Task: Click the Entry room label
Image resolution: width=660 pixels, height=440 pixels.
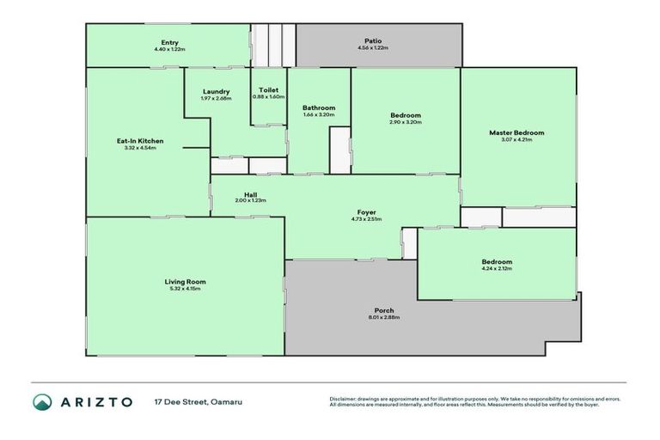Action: tap(169, 42)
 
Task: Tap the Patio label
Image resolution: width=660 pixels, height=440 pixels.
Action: tap(372, 40)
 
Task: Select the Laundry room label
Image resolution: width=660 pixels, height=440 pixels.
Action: tap(216, 91)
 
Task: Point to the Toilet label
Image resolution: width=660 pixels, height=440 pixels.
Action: tap(268, 89)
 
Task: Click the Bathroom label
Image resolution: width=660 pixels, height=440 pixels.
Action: tap(318, 107)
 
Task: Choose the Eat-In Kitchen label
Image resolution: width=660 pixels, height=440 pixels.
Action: tap(140, 141)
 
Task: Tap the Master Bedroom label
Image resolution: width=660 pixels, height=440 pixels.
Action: tap(516, 132)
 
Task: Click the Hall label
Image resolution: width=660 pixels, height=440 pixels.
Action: tap(250, 194)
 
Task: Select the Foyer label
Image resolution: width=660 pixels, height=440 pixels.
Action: tap(367, 212)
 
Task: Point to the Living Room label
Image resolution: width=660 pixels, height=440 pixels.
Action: tap(185, 281)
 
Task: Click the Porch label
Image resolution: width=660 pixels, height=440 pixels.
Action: tap(384, 310)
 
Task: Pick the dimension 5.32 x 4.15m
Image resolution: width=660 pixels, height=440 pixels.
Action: tap(185, 289)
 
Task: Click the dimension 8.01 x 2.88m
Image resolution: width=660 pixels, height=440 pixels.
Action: tap(384, 318)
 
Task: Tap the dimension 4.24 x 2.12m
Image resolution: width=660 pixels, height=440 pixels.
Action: tap(496, 269)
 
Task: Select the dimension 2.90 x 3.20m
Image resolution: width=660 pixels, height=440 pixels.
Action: tap(406, 122)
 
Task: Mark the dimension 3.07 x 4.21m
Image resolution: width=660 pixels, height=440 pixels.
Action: tap(516, 140)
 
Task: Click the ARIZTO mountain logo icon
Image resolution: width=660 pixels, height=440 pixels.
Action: tap(43, 401)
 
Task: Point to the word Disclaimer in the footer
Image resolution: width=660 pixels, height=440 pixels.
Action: tap(344, 399)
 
